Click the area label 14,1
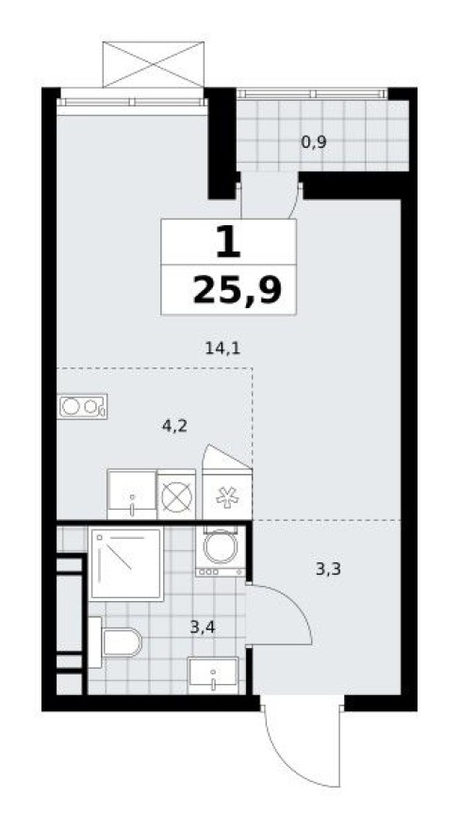click(x=222, y=348)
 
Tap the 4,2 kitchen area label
click(x=175, y=425)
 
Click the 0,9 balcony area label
click(x=314, y=142)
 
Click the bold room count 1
click(x=227, y=243)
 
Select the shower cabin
click(x=125, y=563)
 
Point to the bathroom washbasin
click(x=215, y=675)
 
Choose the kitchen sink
click(x=131, y=494)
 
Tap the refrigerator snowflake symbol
click(x=227, y=497)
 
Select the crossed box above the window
click(x=153, y=64)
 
